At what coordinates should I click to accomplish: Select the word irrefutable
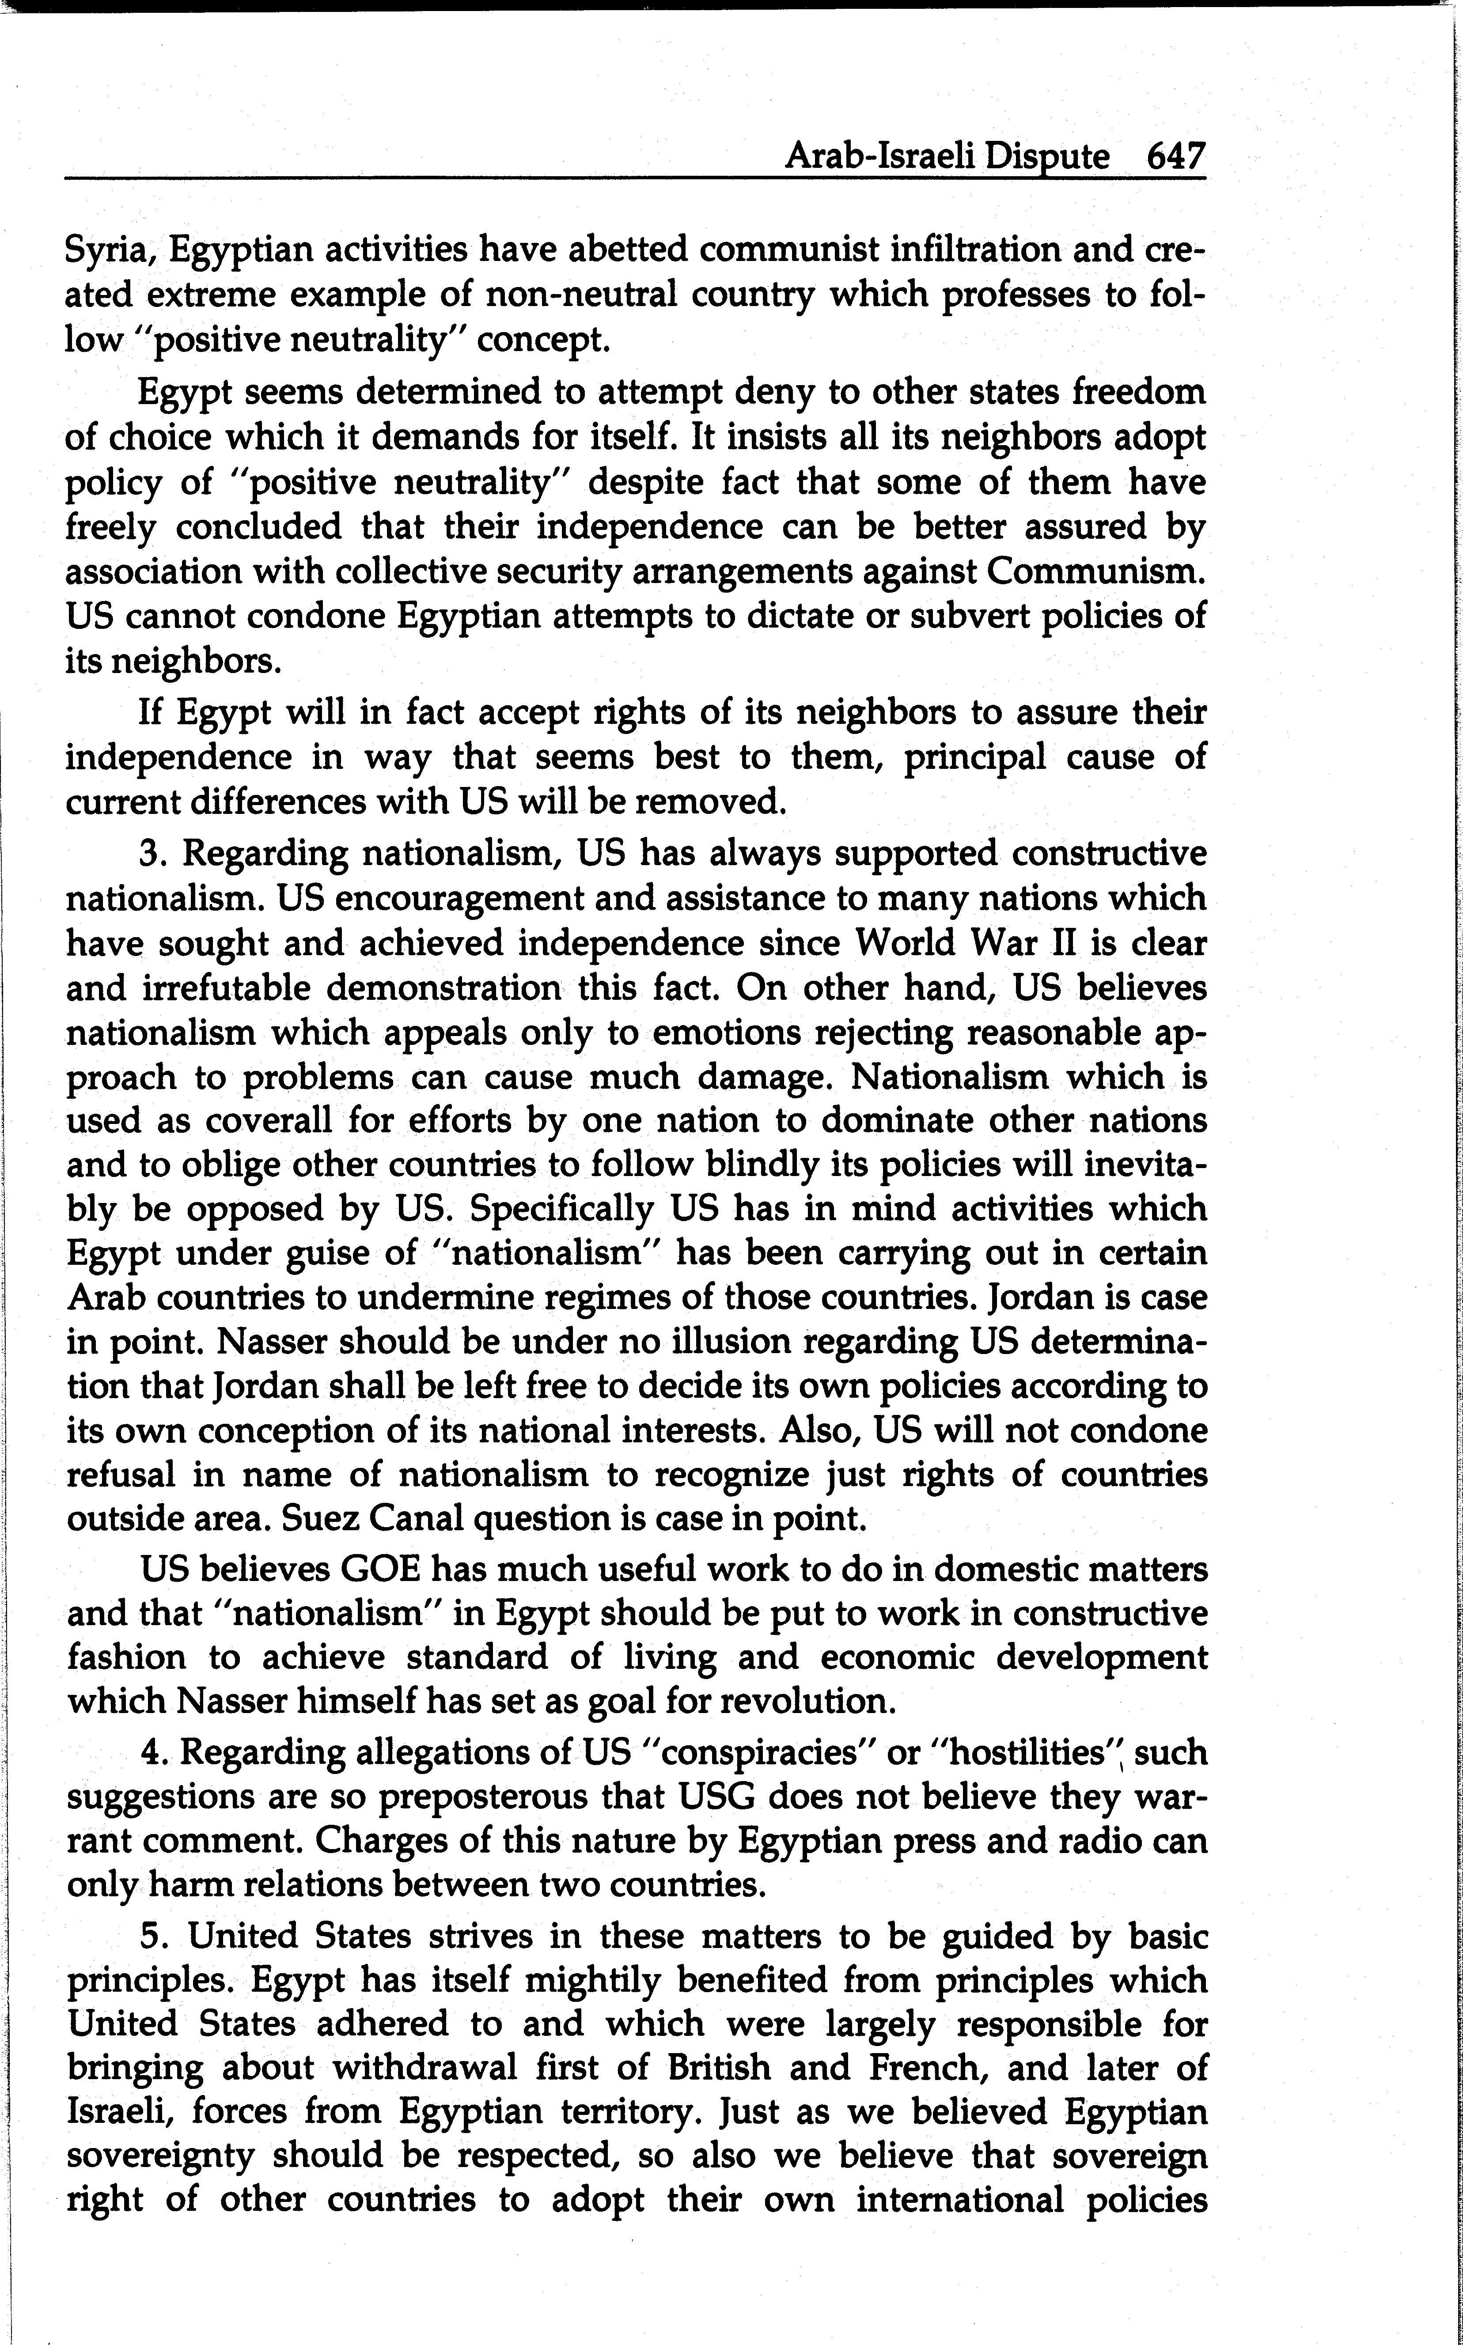click(x=227, y=988)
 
